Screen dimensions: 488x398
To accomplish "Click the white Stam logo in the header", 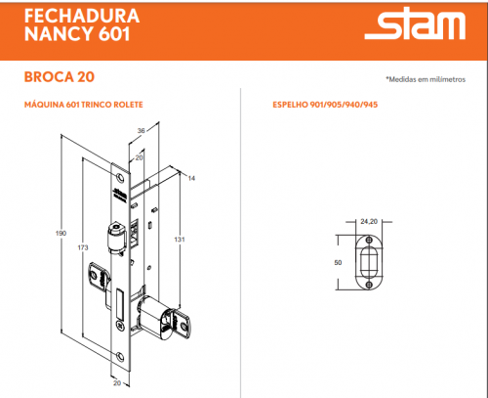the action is tap(415, 23).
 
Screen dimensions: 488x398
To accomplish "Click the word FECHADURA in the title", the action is tap(82, 16).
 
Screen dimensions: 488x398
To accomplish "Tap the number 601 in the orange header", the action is tap(114, 33).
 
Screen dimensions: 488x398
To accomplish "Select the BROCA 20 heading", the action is tap(60, 77).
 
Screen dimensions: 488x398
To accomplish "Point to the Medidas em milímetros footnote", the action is tap(426, 79).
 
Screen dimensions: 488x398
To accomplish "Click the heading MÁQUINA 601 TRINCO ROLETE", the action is tap(84, 105).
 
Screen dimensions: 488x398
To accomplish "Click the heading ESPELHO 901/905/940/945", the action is tap(325, 105).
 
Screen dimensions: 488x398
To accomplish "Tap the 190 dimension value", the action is tap(61, 233).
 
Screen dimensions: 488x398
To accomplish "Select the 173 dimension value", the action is tap(83, 247).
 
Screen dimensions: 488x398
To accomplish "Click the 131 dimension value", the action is tap(180, 240).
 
